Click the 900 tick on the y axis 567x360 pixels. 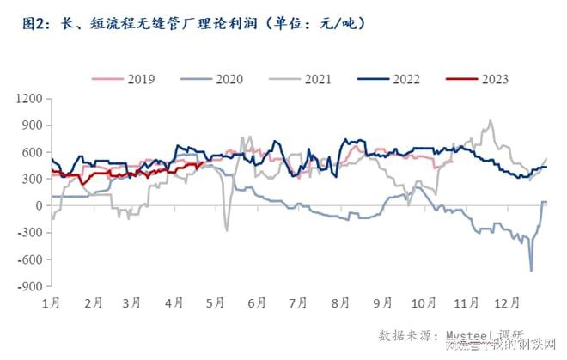click(32, 125)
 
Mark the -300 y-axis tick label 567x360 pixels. click(30, 232)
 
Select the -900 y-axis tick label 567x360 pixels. click(30, 286)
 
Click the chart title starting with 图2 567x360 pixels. click(194, 24)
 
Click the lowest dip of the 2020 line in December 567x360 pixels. click(531, 271)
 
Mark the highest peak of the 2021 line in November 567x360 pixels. click(491, 121)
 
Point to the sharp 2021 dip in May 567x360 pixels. click(227, 229)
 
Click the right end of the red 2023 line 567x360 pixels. click(203, 162)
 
